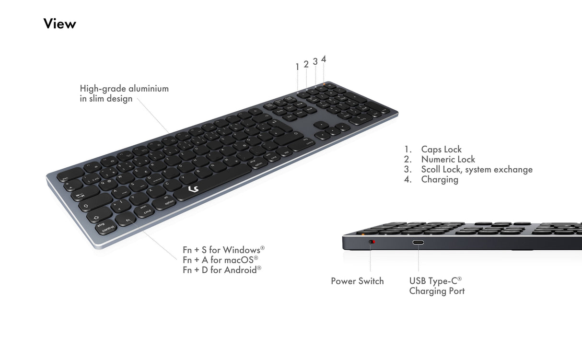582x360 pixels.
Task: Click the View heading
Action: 59,23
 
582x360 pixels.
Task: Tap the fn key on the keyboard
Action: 128,220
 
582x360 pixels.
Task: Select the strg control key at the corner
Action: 103,228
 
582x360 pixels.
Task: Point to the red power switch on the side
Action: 371,243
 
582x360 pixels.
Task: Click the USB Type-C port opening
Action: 418,243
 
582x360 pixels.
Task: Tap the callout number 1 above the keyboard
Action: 297,67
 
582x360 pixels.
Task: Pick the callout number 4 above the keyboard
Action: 324,59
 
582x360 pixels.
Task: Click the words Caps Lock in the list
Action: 441,150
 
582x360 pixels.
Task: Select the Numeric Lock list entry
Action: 448,160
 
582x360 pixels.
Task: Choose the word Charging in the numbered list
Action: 440,180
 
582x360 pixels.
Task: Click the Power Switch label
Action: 357,281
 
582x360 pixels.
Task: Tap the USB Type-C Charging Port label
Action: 436,286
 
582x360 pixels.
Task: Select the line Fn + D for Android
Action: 221,269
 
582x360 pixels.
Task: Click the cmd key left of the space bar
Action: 147,210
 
